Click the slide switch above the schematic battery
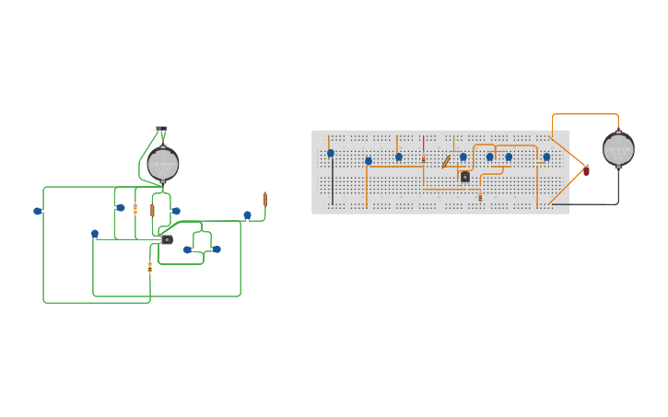tap(162, 130)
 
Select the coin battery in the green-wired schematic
tap(163, 165)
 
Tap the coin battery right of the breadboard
tap(618, 148)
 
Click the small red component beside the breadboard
tap(586, 170)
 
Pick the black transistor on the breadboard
tap(465, 177)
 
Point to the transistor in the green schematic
tap(167, 239)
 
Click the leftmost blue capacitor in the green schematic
tap(38, 211)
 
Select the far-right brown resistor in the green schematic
tap(265, 199)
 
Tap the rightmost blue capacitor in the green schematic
tap(247, 215)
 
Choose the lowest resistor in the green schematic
tap(150, 267)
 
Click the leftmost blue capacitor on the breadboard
tap(331, 154)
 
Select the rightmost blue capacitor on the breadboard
tap(546, 157)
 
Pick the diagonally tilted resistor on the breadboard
tap(446, 162)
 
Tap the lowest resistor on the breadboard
tap(480, 196)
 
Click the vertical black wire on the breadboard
tap(333, 184)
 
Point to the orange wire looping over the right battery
tap(585, 115)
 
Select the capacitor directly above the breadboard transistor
tap(463, 157)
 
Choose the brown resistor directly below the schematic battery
tap(153, 210)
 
